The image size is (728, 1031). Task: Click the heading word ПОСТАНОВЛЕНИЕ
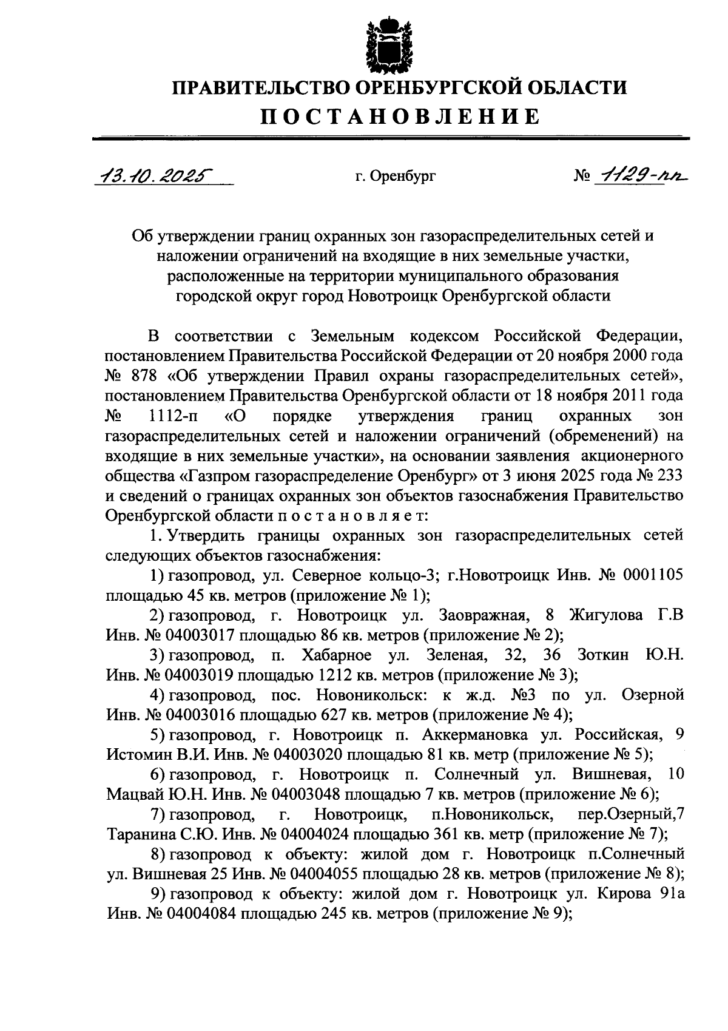click(400, 116)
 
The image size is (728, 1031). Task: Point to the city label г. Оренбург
click(396, 177)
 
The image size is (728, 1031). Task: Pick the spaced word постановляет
click(352, 515)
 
